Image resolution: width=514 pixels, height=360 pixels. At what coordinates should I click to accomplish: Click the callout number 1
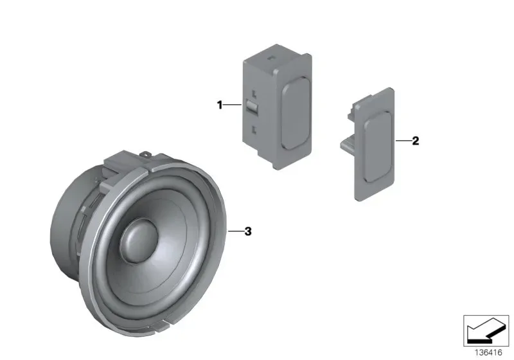click(220, 105)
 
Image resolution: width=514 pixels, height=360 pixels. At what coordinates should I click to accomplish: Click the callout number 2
click(415, 141)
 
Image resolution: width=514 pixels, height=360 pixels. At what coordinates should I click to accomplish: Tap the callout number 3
click(248, 231)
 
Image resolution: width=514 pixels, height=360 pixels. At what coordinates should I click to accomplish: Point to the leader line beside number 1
click(233, 105)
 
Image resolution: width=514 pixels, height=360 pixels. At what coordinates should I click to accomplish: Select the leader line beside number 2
click(403, 141)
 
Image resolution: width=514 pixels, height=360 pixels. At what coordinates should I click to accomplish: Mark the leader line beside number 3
click(236, 231)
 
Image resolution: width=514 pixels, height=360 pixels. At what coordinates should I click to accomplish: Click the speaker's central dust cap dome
click(139, 241)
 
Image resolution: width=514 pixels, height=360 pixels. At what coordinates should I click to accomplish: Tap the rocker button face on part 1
click(296, 113)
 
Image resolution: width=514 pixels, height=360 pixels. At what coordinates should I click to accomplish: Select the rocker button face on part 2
click(377, 147)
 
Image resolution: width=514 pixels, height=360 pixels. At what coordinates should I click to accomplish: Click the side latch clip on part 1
click(252, 107)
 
